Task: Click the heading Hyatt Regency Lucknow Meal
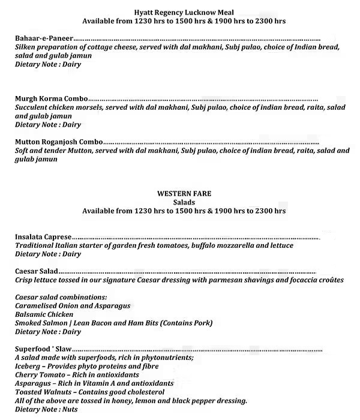(184, 11)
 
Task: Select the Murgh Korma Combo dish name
(52, 98)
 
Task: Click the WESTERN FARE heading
(184, 194)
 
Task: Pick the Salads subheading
(184, 203)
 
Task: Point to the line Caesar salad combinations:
(61, 298)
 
